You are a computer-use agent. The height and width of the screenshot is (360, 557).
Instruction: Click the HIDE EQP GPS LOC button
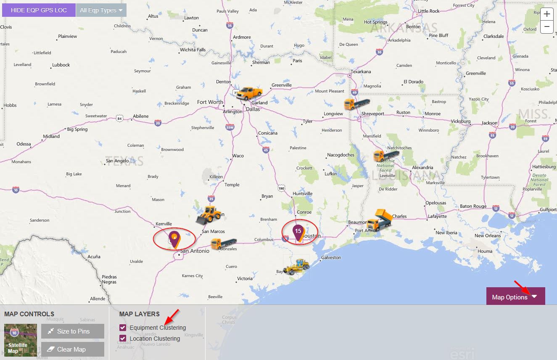coord(39,10)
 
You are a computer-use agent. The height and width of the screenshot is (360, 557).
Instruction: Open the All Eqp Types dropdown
coord(101,10)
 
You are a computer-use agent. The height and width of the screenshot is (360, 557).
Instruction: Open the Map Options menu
coord(515,296)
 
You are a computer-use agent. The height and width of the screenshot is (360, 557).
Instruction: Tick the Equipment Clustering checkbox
coord(123,328)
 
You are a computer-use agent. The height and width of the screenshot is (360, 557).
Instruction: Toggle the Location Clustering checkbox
coord(123,339)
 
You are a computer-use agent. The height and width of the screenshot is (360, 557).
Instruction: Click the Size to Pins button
coord(73,331)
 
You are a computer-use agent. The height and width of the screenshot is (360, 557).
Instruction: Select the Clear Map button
coord(73,349)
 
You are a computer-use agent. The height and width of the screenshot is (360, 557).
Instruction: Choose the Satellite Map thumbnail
coord(20,340)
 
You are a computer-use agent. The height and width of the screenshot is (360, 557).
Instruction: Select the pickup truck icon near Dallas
coord(249,92)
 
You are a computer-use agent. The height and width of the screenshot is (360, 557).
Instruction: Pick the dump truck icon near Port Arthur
coord(379,220)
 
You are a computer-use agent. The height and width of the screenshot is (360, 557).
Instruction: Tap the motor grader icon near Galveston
coord(296,266)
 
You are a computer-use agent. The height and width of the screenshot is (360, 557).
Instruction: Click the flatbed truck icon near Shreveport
coord(356,103)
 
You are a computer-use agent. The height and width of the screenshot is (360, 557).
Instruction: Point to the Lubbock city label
coord(61,65)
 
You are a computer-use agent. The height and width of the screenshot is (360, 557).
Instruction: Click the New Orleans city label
coord(488,236)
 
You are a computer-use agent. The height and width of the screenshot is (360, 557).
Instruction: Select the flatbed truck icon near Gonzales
coord(223,244)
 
